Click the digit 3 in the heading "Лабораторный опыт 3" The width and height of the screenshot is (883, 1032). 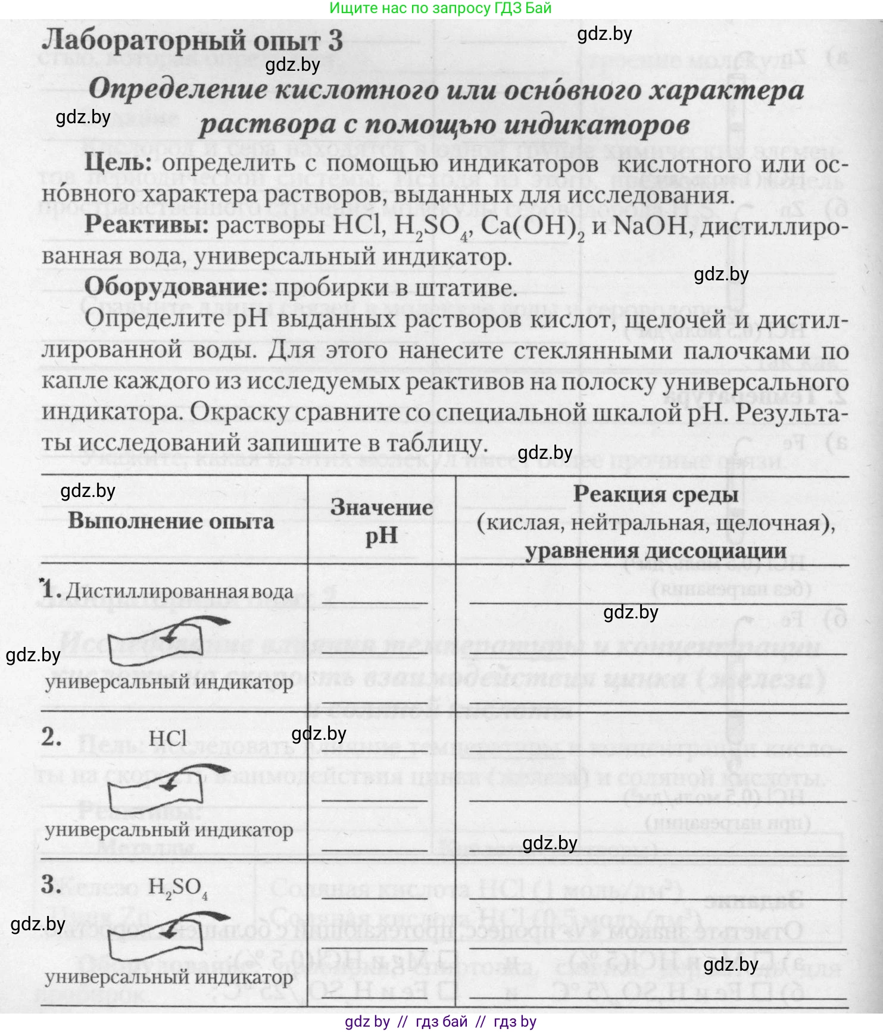click(334, 40)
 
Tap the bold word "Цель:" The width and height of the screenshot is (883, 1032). click(122, 163)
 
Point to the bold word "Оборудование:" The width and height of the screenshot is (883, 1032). click(176, 287)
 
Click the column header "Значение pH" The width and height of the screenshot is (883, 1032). click(382, 521)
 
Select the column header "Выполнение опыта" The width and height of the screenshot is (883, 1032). click(171, 521)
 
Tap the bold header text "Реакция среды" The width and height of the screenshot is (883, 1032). click(656, 494)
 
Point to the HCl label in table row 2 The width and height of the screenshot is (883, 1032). click(168, 739)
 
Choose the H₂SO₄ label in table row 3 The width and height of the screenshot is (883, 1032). click(177, 887)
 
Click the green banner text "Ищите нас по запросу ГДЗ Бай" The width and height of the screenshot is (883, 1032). click(441, 8)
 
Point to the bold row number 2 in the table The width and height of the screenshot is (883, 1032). click(51, 737)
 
